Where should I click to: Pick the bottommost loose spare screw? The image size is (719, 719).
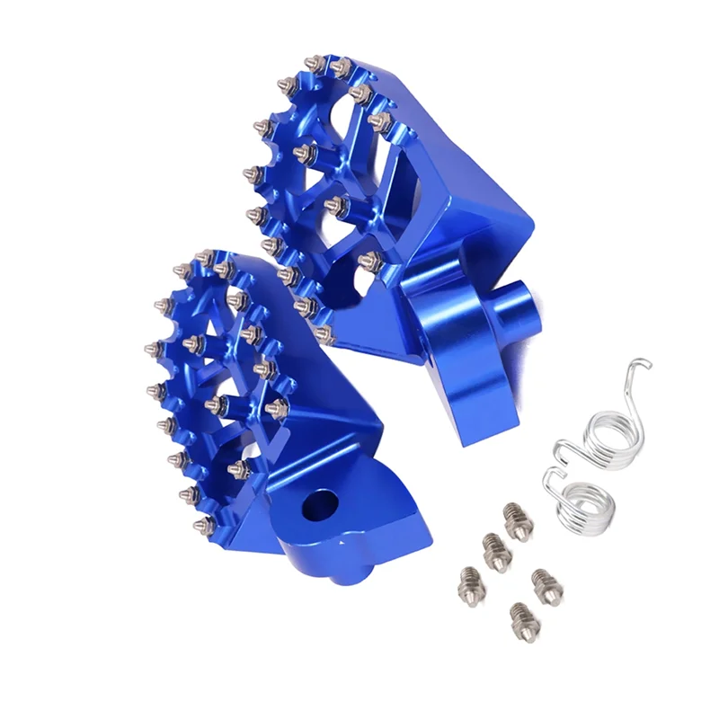519,617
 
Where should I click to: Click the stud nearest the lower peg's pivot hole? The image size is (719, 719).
238,468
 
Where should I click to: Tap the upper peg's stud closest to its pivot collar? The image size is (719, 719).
368,261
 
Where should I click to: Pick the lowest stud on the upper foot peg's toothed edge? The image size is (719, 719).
325,335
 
